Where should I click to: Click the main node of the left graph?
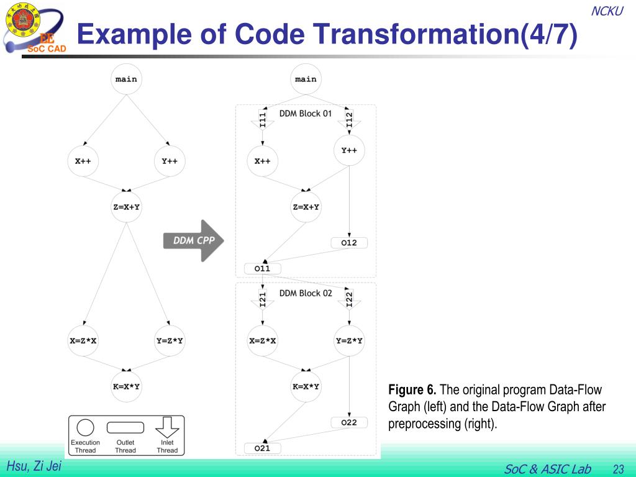pyautogui.click(x=126, y=79)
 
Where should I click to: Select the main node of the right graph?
pyautogui.click(x=306, y=79)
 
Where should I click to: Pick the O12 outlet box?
pyautogui.click(x=349, y=243)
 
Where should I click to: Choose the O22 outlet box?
pyautogui.click(x=349, y=423)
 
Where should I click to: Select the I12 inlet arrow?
pyautogui.click(x=349, y=120)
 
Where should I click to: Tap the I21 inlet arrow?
pyautogui.click(x=263, y=299)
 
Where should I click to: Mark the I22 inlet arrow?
pyautogui.click(x=349, y=299)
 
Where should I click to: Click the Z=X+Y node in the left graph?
pyautogui.click(x=126, y=207)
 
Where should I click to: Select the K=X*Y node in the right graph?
pyautogui.click(x=306, y=387)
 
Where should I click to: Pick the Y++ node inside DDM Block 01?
pyautogui.click(x=349, y=150)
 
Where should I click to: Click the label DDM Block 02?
pyautogui.click(x=306, y=293)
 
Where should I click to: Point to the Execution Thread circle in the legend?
pyautogui.click(x=85, y=427)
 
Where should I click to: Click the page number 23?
pyautogui.click(x=618, y=469)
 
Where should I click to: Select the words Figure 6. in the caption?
pyautogui.click(x=412, y=390)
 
